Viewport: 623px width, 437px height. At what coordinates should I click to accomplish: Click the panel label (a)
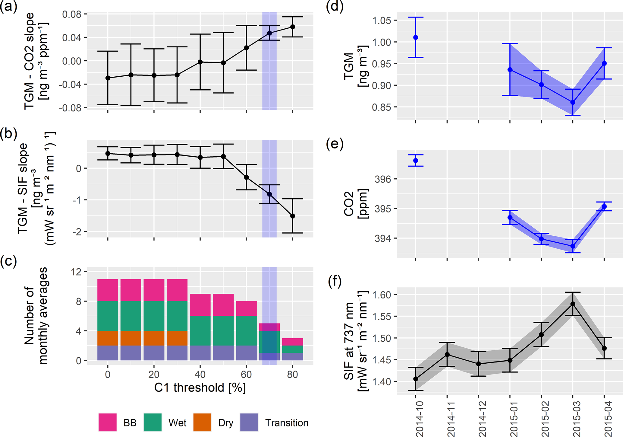8,6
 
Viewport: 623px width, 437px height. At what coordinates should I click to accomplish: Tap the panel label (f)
335,282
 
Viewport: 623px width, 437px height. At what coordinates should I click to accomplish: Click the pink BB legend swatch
107,422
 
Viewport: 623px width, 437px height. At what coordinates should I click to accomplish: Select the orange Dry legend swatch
202,422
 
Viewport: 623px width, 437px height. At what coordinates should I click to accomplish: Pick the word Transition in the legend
287,423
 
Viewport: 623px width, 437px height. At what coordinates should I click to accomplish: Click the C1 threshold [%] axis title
200,388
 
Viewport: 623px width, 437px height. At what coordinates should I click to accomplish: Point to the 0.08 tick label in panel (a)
72,14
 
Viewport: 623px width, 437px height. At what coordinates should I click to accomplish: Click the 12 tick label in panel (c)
76,272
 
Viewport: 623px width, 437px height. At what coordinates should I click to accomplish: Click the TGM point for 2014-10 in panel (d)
416,37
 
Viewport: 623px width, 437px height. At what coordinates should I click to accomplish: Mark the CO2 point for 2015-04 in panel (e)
604,206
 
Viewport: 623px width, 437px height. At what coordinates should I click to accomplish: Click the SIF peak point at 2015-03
573,304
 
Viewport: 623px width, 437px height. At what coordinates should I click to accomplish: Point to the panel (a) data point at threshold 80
292,27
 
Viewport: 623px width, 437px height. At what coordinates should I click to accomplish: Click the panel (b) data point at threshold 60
246,177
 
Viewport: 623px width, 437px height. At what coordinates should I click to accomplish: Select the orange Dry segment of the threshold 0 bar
108,338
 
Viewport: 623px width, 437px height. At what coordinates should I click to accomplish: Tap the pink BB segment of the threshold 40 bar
200,305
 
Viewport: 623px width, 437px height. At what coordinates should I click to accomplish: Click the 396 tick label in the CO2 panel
383,179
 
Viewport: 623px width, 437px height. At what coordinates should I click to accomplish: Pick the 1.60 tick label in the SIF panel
382,295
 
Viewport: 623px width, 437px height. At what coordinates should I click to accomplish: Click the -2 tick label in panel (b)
78,232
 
